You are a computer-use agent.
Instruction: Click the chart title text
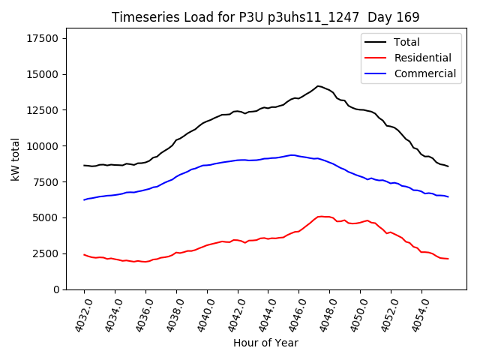tap(265, 17)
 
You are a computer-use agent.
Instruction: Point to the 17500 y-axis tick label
tap(43, 38)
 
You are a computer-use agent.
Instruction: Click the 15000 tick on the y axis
tap(43, 74)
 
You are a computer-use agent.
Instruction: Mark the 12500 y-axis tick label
tap(43, 110)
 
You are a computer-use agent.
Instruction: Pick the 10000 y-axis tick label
tap(43, 146)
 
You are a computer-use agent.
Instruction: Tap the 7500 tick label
tap(46, 182)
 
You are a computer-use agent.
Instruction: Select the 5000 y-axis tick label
tap(46, 217)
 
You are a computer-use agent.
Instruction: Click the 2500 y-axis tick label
tap(46, 253)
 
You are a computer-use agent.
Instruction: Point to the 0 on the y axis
tap(55, 289)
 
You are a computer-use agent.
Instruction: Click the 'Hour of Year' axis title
tap(265, 343)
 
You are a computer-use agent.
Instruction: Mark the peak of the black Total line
tap(318, 86)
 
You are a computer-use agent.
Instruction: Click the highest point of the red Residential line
tap(321, 216)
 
